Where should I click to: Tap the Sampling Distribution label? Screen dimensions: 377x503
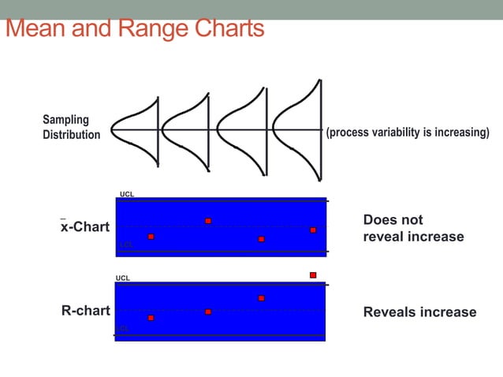tap(71, 127)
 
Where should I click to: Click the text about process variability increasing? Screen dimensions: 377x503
tap(408, 132)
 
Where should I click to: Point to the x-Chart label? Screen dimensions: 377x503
tap(85, 227)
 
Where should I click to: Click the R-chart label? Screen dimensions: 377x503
tap(85, 311)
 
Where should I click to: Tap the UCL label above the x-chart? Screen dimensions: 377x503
tap(127, 194)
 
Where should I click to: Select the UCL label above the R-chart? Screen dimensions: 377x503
tap(123, 278)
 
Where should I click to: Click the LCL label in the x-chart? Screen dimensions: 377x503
tap(126, 245)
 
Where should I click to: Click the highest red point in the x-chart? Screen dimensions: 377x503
tap(208, 221)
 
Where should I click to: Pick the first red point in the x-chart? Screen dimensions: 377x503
tap(151, 237)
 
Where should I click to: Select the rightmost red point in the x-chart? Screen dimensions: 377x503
tap(313, 230)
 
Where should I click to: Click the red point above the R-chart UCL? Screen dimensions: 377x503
tap(313, 275)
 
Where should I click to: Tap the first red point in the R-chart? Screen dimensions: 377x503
tap(151, 318)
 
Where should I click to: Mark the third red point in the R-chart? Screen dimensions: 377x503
tap(261, 298)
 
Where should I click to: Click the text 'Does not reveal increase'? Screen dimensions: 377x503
tap(413, 228)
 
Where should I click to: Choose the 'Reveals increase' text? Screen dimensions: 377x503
tap(419, 312)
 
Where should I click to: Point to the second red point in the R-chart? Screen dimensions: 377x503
tap(208, 312)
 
